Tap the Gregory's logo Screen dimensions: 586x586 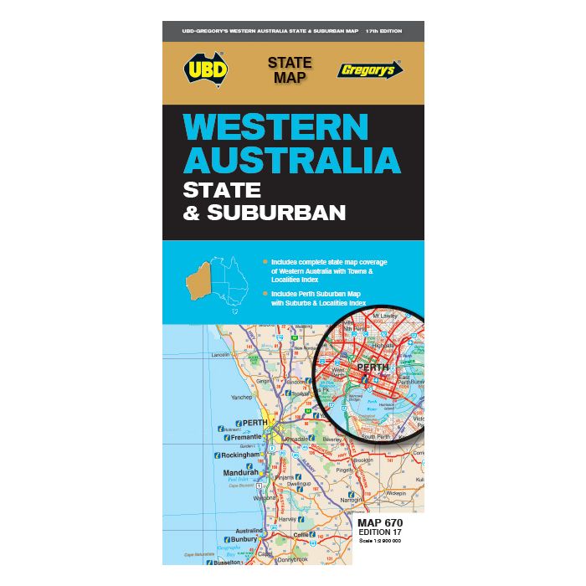pyautogui.click(x=366, y=71)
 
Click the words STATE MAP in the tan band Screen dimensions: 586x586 pyautogui.click(x=290, y=70)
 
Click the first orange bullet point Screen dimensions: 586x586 pyautogui.click(x=265, y=262)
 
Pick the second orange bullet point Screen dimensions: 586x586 pyautogui.click(x=265, y=294)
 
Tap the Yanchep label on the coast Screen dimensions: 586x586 pyautogui.click(x=241, y=398)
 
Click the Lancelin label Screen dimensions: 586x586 pyautogui.click(x=220, y=355)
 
